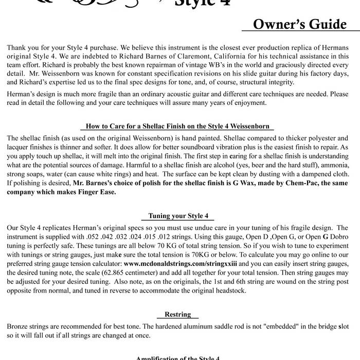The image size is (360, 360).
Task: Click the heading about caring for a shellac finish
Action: point(177,127)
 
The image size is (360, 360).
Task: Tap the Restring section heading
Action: point(177,314)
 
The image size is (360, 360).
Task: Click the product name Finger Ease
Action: point(98,192)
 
